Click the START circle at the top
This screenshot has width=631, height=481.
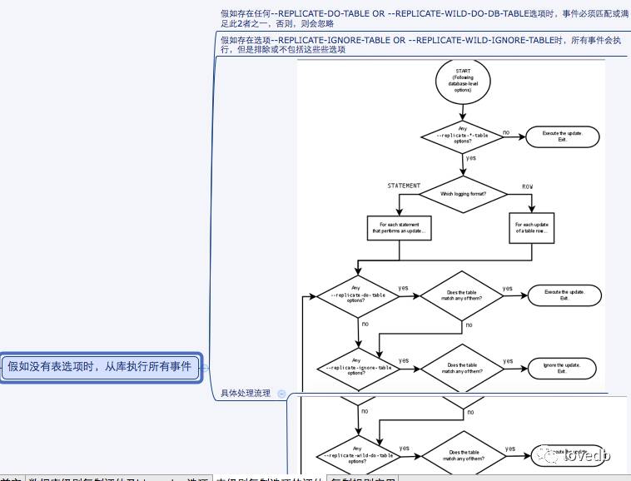(463, 81)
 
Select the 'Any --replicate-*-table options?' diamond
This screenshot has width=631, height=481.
(463, 136)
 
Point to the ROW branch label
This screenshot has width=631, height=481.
(528, 185)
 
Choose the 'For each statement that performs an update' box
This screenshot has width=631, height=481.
(401, 228)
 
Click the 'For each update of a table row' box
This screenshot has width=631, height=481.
(531, 228)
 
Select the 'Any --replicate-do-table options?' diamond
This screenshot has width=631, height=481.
(358, 295)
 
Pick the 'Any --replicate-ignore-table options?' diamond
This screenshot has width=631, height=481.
(358, 367)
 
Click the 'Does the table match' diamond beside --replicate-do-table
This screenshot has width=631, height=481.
(463, 295)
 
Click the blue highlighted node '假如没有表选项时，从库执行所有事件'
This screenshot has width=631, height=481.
(101, 366)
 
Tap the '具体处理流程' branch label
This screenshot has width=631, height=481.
(246, 393)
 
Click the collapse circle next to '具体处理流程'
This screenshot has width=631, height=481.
(281, 393)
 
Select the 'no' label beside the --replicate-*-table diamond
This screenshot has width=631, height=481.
(506, 131)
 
